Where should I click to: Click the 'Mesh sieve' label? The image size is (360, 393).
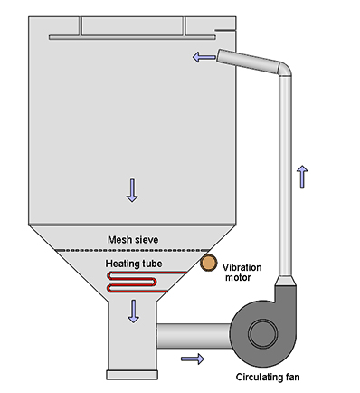133,239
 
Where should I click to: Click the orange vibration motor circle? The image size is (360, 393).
209,263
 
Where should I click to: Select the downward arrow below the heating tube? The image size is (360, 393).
134,310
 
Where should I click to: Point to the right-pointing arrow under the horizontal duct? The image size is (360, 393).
192,359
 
